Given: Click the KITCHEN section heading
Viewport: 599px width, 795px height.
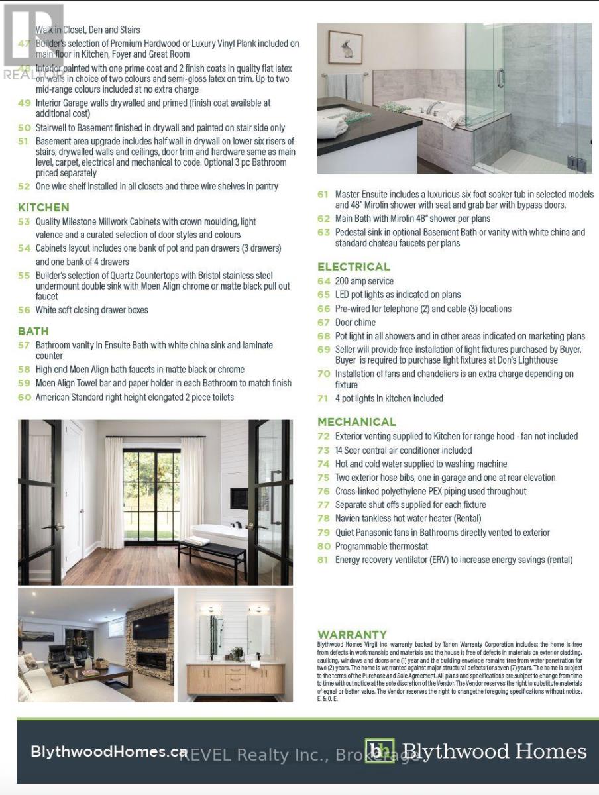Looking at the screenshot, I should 43,207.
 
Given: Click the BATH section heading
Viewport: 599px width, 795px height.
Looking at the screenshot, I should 33,331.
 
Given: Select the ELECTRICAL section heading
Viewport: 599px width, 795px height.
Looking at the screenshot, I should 354,266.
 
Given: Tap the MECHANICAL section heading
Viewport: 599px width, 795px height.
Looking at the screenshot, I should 356,421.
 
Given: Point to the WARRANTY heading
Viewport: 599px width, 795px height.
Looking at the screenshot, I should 352,634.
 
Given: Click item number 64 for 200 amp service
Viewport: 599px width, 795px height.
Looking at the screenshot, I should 323,281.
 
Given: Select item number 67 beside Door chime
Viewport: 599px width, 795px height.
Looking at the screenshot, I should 323,322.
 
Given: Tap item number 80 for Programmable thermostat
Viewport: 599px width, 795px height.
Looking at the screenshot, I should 323,546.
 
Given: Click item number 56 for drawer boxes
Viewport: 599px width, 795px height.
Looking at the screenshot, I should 24,309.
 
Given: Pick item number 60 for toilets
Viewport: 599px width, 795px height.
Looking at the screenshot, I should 24,397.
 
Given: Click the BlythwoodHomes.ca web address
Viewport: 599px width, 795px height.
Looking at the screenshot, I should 109,751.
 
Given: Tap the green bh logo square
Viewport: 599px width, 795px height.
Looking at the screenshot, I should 380,751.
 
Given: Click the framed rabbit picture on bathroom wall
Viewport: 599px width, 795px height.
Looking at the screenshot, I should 345,48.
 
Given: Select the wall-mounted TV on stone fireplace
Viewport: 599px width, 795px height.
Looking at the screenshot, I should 151,625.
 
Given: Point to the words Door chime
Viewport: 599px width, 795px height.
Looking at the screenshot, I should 356,322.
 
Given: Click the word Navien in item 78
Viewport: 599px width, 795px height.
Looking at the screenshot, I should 350,518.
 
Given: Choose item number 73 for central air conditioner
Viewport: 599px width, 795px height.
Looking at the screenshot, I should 323,450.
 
